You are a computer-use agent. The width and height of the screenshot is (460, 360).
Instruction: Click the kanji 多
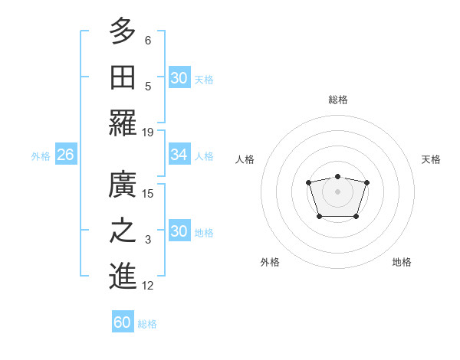click(x=123, y=31)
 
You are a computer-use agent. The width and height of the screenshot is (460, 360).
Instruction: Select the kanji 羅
click(x=123, y=123)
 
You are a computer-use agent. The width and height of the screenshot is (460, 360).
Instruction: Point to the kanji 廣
click(x=123, y=185)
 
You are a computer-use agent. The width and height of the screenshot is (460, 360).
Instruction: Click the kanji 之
click(x=123, y=231)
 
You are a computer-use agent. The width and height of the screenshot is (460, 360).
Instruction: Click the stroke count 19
click(x=148, y=132)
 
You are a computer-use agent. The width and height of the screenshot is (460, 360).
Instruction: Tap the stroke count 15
click(x=148, y=194)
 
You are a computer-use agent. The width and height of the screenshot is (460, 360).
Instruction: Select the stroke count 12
click(x=148, y=286)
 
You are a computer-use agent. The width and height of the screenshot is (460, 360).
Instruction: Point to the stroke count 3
click(x=148, y=240)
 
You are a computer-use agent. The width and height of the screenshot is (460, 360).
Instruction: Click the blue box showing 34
click(x=179, y=155)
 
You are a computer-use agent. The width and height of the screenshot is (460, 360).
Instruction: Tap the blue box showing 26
click(x=66, y=155)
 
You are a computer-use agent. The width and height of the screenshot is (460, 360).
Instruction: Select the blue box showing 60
click(x=123, y=322)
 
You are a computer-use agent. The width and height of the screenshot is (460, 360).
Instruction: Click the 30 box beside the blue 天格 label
click(x=179, y=78)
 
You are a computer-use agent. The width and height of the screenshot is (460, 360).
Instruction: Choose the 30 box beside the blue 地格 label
click(x=179, y=231)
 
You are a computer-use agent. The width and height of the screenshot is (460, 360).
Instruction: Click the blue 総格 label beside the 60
click(x=147, y=324)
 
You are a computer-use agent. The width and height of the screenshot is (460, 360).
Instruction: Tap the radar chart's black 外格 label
click(x=270, y=262)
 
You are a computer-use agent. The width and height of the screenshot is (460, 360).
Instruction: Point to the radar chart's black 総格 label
click(x=337, y=100)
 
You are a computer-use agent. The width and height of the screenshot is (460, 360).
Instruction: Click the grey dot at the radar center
click(x=337, y=191)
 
